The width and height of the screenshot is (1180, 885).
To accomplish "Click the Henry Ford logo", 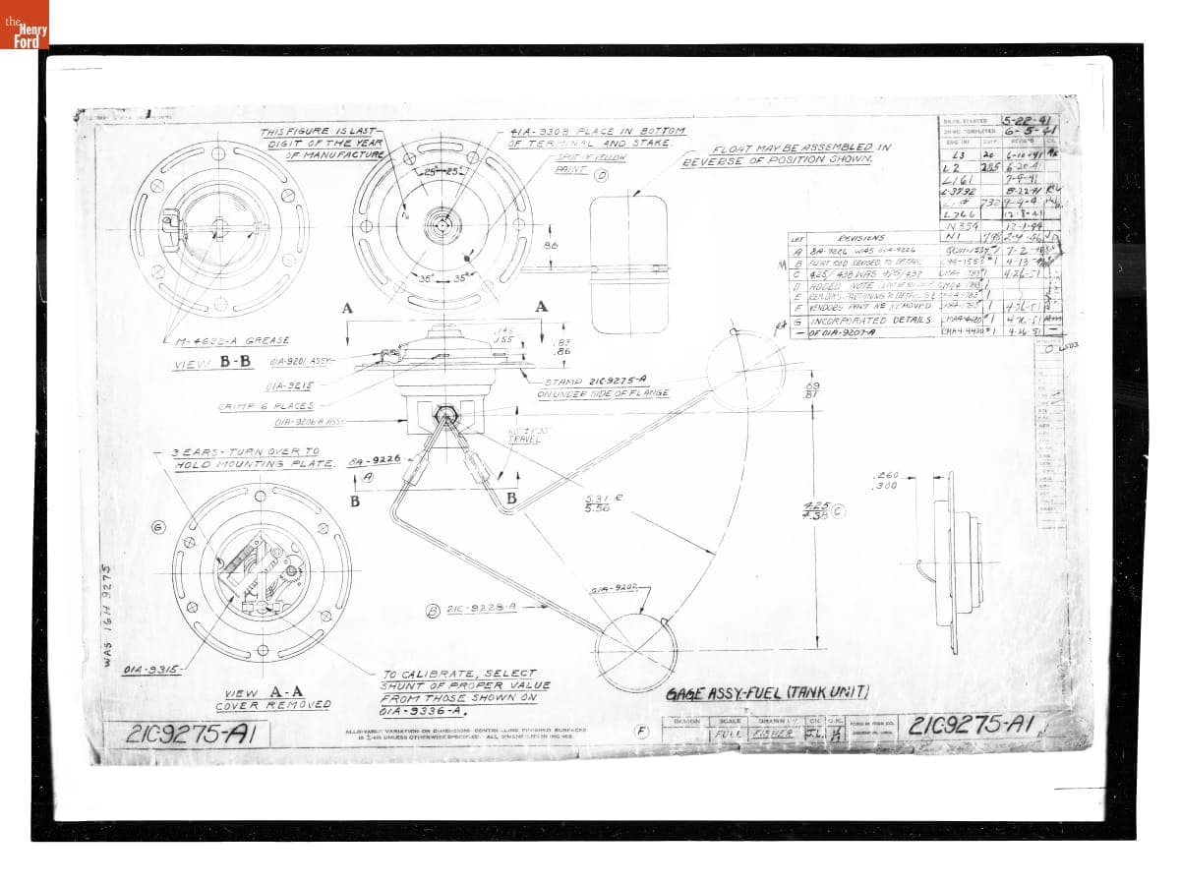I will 24,24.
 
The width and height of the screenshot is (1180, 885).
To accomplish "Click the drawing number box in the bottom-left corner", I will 187,735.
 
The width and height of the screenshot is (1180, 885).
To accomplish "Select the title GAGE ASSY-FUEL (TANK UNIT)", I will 767,692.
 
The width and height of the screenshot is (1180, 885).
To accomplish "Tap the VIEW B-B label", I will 212,362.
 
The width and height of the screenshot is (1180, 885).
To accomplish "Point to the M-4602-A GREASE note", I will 233,340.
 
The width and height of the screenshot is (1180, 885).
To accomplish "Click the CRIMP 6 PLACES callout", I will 265,406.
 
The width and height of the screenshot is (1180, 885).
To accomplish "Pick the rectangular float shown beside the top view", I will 629,265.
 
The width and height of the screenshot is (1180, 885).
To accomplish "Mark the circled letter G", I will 158,528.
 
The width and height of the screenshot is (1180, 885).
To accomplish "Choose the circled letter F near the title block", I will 642,731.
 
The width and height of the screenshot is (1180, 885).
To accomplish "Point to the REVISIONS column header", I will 860,237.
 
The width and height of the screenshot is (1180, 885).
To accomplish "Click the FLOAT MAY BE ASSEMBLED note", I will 787,154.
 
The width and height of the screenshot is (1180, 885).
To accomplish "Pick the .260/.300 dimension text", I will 886,481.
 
